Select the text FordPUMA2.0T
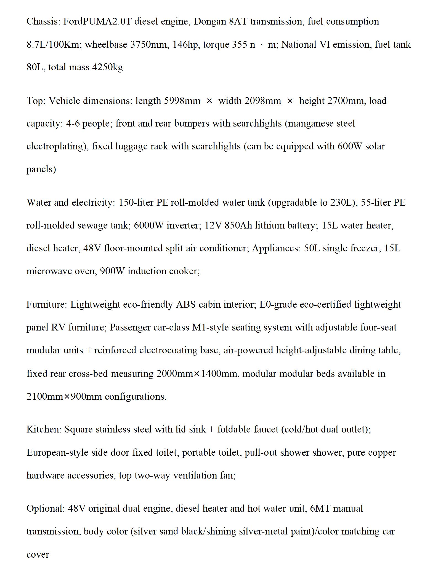pyautogui.click(x=97, y=22)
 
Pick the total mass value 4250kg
pyautogui.click(x=107, y=67)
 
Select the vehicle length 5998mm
pyautogui.click(x=182, y=101)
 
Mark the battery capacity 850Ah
pyautogui.click(x=238, y=225)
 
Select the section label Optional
pyautogui.click(x=46, y=508)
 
